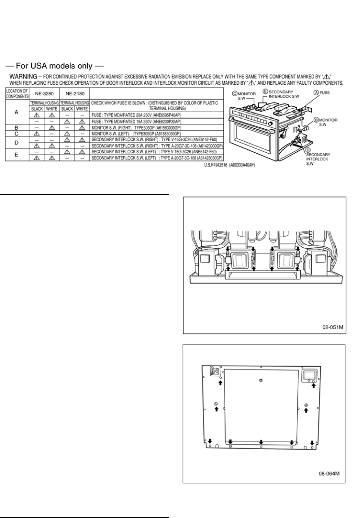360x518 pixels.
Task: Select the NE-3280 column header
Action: pyautogui.click(x=44, y=94)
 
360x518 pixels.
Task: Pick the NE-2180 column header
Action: pyautogui.click(x=74, y=94)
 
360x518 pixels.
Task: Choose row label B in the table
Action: pyautogui.click(x=16, y=128)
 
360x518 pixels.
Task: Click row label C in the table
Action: pyautogui.click(x=16, y=133)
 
